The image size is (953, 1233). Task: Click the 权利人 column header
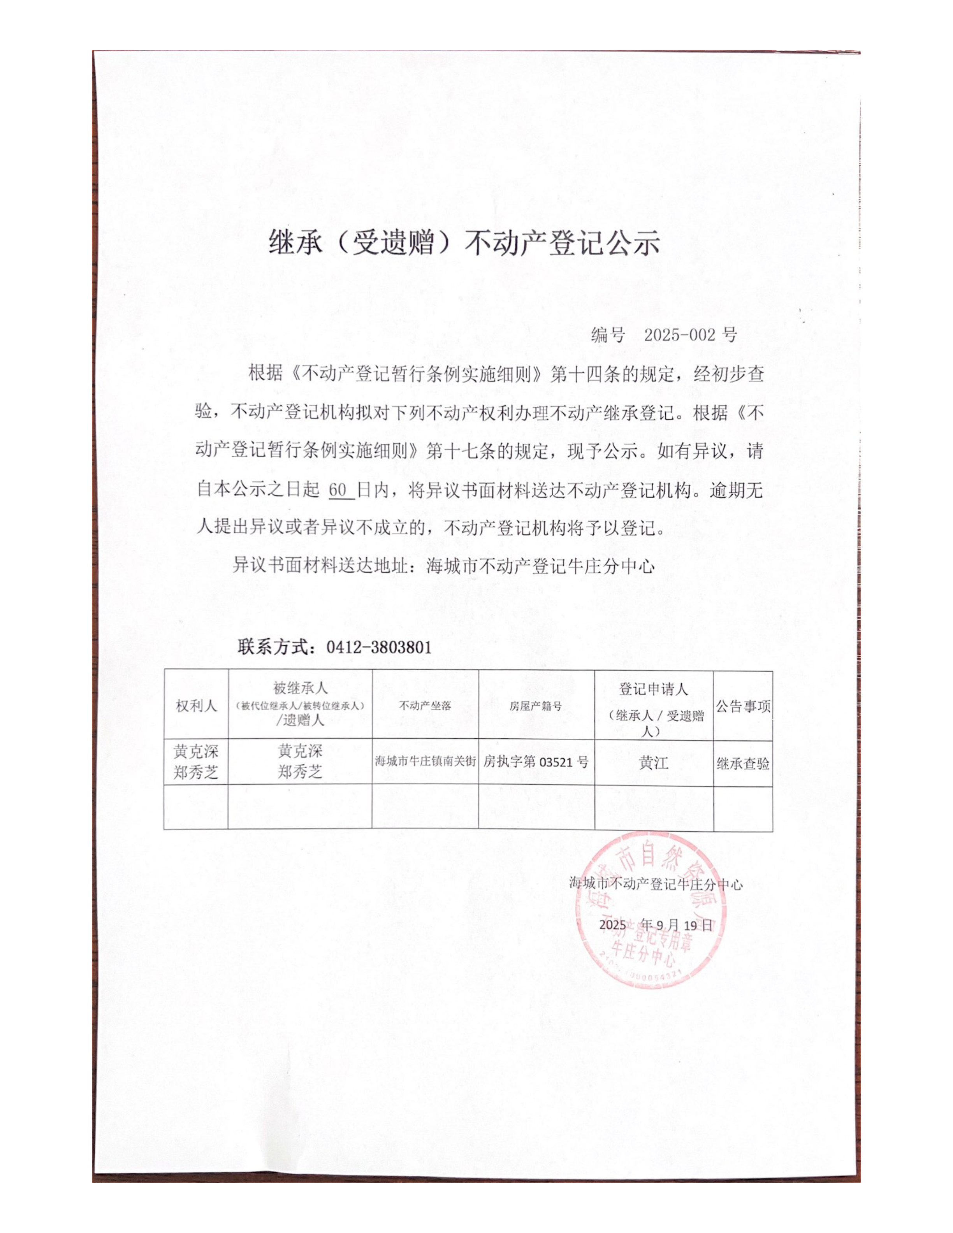coord(196,706)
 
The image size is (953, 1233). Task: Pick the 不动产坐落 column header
coord(425,706)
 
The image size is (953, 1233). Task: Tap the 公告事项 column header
coord(743,706)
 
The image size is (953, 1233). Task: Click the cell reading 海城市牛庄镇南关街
coord(425,761)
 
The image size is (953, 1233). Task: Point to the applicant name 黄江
coord(653,763)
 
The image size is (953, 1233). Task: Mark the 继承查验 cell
coord(743,764)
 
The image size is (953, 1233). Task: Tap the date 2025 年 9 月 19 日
coord(655,925)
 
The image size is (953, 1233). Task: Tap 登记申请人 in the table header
coord(653,689)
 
